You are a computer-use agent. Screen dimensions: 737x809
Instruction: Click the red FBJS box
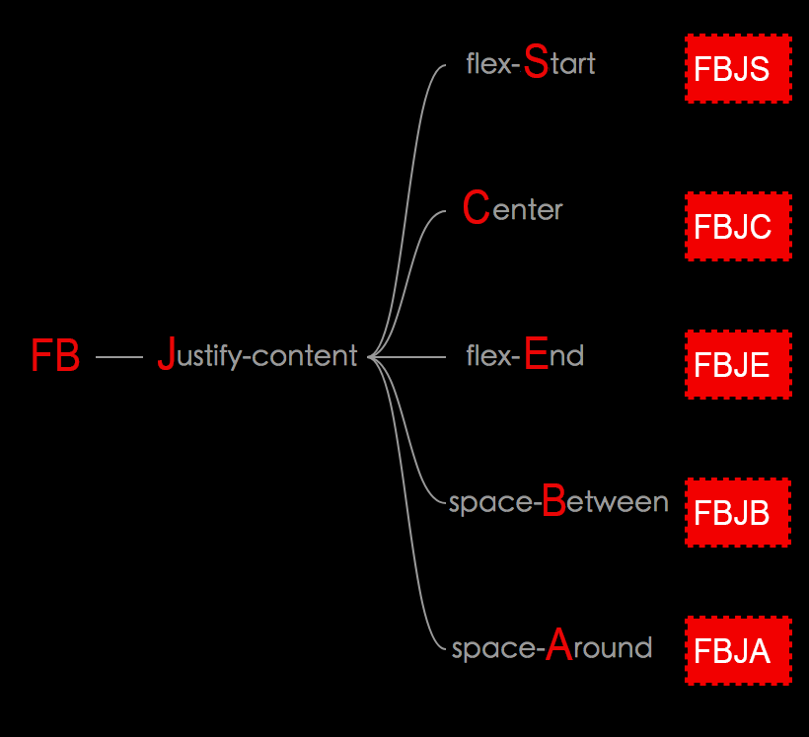click(738, 69)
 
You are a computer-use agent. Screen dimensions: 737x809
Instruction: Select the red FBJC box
click(738, 226)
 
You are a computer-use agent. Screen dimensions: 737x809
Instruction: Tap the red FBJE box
click(738, 364)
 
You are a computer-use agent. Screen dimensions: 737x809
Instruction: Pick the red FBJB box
click(738, 513)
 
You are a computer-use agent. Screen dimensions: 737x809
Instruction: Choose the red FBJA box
click(738, 651)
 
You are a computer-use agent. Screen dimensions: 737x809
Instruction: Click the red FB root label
click(55, 356)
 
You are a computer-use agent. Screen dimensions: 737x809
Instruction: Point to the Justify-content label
click(257, 355)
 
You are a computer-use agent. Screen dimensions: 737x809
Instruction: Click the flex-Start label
click(531, 64)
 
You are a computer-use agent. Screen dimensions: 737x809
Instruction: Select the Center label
click(512, 208)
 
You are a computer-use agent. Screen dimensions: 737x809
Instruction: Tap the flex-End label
click(525, 354)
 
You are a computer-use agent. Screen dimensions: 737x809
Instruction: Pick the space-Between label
click(558, 502)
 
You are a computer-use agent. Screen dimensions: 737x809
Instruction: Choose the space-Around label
click(552, 647)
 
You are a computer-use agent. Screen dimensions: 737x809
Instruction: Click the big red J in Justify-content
click(166, 354)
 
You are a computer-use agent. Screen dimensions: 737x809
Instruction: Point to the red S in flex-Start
click(536, 61)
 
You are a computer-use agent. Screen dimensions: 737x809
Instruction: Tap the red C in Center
click(476, 207)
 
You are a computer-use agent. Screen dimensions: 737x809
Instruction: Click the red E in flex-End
click(536, 352)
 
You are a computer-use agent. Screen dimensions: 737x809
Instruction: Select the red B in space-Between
click(554, 501)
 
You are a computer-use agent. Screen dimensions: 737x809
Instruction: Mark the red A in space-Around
click(559, 645)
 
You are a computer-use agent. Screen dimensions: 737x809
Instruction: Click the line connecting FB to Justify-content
click(119, 357)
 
